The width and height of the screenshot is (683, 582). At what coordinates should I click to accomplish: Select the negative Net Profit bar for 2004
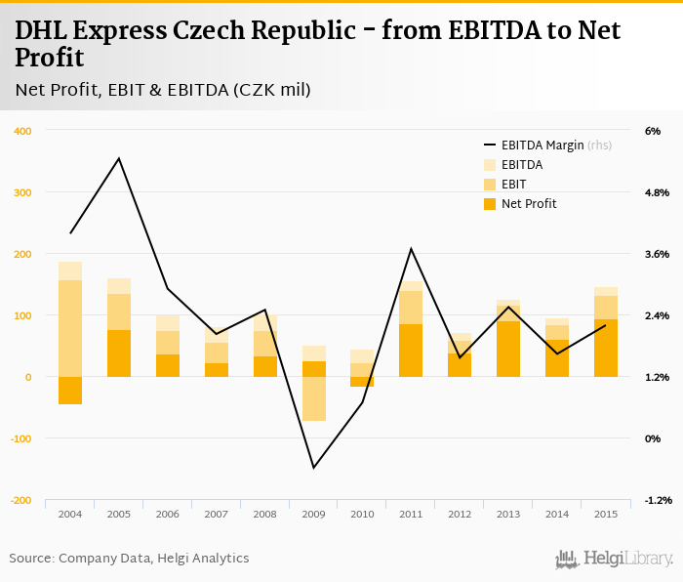tap(70, 391)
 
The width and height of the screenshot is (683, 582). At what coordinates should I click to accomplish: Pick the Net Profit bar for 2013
tap(508, 350)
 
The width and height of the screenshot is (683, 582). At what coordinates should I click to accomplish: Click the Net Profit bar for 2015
tap(606, 349)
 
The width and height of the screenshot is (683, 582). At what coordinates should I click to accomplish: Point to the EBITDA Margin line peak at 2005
tap(119, 158)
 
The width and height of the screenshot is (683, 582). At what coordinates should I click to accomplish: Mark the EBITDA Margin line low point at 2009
tap(314, 468)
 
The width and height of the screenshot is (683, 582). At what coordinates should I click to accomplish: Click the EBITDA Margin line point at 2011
tap(411, 249)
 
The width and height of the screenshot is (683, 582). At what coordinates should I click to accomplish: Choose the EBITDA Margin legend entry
tap(542, 145)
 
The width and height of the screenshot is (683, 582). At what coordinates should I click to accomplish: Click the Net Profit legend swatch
tap(490, 204)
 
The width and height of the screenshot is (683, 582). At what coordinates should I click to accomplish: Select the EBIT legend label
tap(514, 185)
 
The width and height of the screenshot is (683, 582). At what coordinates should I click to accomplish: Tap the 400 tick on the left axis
tap(21, 131)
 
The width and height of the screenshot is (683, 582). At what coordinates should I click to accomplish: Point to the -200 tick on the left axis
tap(20, 500)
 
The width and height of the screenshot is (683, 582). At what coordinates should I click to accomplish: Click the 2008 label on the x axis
tap(265, 514)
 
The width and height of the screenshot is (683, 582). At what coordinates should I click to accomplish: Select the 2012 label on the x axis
tap(460, 514)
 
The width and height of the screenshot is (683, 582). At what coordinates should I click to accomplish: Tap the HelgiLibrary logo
tap(615, 559)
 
